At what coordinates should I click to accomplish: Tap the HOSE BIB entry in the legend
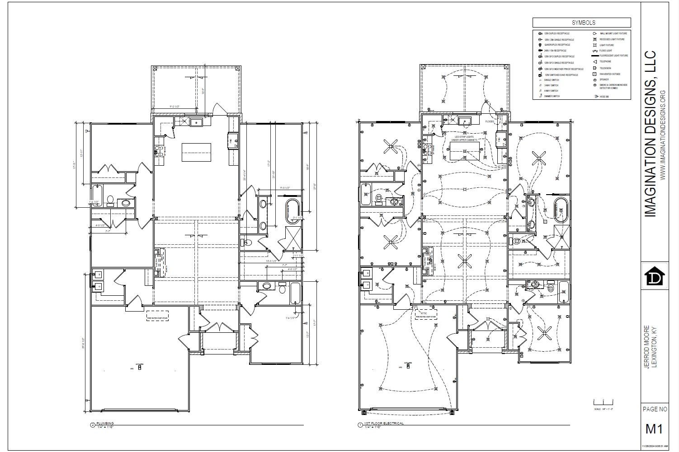(x=604, y=96)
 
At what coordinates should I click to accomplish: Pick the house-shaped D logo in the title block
(x=655, y=277)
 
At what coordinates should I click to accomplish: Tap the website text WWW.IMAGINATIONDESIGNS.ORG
(x=663, y=135)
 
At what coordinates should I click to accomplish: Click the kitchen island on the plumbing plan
(x=196, y=152)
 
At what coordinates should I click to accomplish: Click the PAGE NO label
(x=655, y=409)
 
